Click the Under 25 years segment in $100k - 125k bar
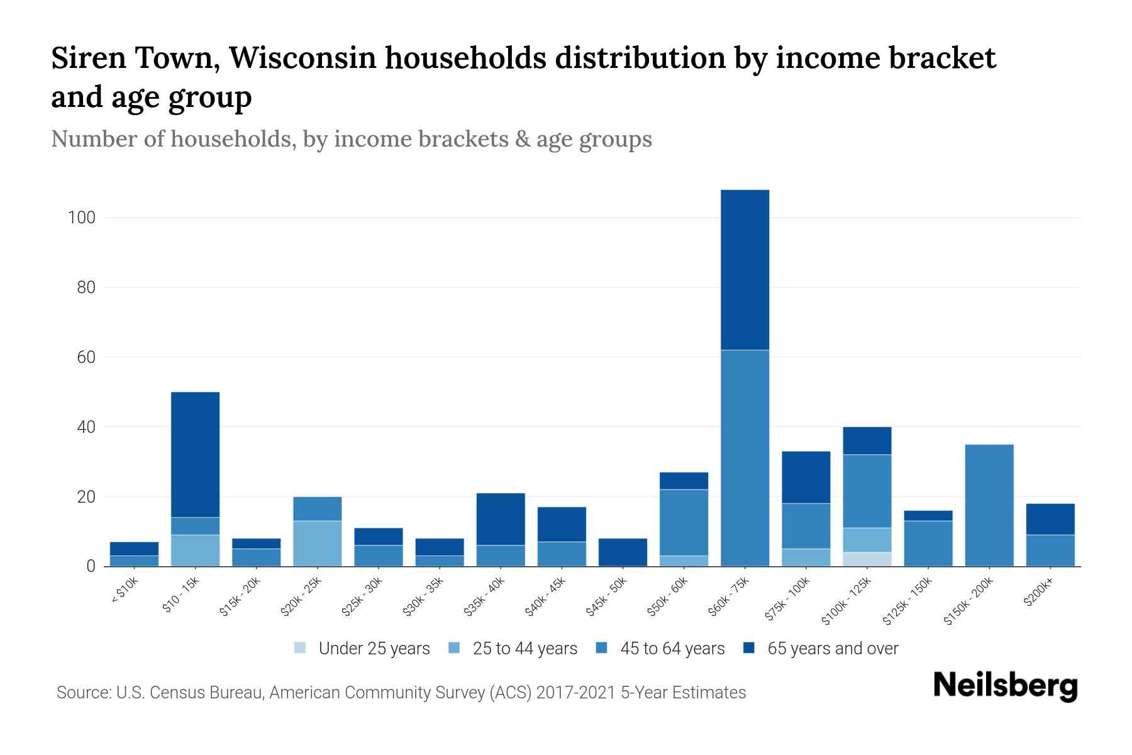coord(867,559)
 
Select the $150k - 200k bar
coord(989,505)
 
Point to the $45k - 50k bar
coord(623,552)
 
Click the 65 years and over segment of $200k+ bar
coord(1050,518)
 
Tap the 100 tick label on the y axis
coord(81,218)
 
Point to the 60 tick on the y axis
coord(86,357)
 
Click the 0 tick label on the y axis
coord(91,566)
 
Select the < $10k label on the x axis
coord(125,591)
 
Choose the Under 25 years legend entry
coord(362,648)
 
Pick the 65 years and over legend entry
coord(821,648)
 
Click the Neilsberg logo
coord(1005,686)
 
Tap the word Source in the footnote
coord(82,693)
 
